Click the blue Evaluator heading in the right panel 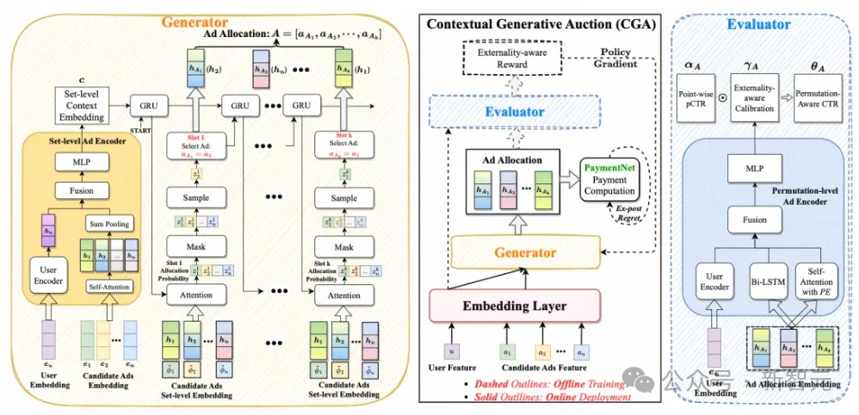(x=758, y=24)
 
